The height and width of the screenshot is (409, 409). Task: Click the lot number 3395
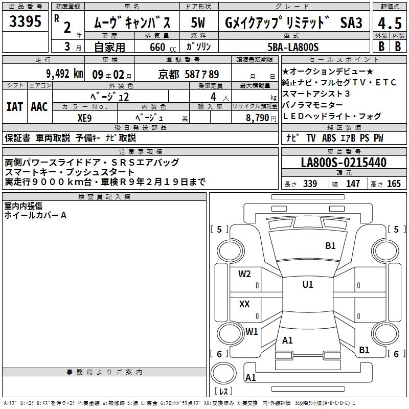pos(25,21)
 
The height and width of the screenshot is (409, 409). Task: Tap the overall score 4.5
pos(390,23)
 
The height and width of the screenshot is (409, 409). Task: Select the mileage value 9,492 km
pos(65,74)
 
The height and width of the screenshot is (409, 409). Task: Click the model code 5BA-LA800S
pos(293,47)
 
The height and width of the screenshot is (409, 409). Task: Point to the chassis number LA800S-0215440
pos(344,162)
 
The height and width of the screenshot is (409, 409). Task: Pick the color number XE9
pos(84,118)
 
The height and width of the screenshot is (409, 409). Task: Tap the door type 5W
pos(198,22)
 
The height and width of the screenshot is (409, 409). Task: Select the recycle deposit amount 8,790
pos(258,118)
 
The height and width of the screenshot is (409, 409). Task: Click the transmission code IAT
pos(15,107)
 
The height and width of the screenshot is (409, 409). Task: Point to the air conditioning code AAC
pos(39,107)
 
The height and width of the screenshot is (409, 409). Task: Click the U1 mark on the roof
pos(308,284)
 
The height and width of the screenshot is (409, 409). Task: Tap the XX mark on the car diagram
pos(244,304)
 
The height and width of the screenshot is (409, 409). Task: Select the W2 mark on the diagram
pos(244,274)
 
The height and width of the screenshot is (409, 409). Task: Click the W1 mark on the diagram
pos(252,331)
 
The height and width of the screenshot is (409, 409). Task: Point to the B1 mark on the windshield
pos(330,246)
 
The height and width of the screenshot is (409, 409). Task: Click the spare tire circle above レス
pos(223,373)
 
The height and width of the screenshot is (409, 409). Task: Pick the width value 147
pos(353,184)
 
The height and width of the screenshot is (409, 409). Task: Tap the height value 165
pos(394,184)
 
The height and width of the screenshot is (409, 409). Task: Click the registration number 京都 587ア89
pos(189,75)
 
